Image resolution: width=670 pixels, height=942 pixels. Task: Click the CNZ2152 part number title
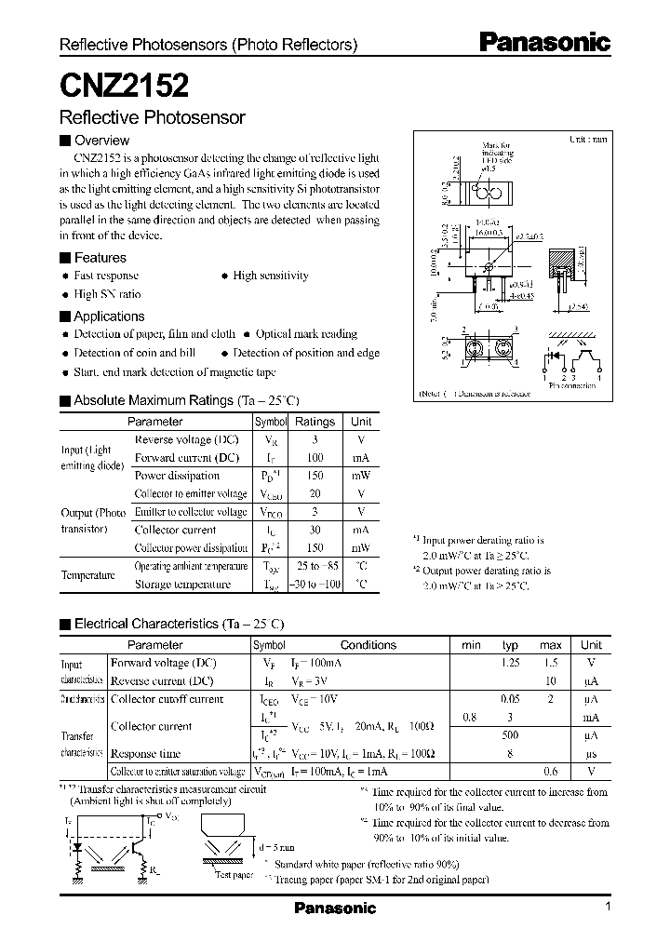[124, 85]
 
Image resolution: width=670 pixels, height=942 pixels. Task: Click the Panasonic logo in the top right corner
[544, 42]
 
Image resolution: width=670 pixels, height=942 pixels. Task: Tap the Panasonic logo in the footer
[335, 908]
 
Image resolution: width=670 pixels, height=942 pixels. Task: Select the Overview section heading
[100, 141]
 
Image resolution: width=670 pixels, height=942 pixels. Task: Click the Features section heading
[100, 258]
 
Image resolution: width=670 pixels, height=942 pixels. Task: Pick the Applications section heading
[109, 316]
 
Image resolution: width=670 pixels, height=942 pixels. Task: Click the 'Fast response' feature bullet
[106, 276]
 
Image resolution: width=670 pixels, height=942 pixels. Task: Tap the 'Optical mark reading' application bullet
[306, 334]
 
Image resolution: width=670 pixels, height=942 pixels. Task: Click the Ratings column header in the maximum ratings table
[315, 422]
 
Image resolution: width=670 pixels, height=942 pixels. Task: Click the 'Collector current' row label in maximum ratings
[176, 531]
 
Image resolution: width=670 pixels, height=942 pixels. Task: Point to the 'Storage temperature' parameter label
[182, 585]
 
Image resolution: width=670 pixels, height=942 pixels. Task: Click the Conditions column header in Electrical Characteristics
[368, 645]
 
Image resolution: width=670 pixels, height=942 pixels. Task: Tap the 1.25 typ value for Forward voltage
[510, 663]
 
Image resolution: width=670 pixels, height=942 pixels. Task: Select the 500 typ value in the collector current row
[510, 735]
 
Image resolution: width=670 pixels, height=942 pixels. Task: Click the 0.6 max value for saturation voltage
[551, 772]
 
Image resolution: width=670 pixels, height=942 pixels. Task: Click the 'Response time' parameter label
[145, 754]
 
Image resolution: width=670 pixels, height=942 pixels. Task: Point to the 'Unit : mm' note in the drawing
[588, 139]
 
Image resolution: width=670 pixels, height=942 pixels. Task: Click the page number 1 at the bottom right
[608, 908]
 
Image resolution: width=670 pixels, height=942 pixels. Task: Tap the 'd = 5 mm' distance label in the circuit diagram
[278, 845]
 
